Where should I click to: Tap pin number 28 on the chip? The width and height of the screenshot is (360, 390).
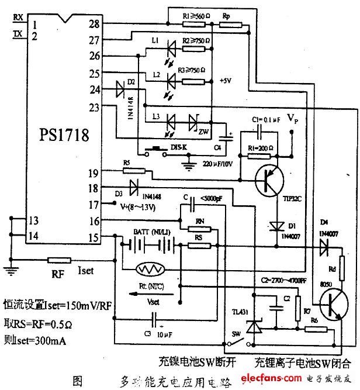point(94,24)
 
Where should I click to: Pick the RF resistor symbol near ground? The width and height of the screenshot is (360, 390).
point(59,260)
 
